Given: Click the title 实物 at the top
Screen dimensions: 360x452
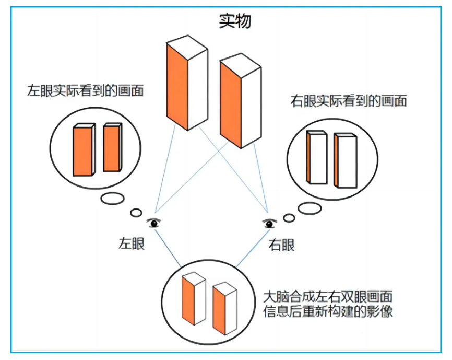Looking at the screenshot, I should (x=235, y=20).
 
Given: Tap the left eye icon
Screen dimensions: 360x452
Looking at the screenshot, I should (x=154, y=223).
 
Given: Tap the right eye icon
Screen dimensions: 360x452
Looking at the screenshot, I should (x=269, y=224).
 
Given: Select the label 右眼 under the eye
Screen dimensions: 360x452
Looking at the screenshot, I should (x=281, y=244).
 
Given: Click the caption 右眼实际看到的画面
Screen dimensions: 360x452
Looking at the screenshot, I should (x=348, y=101).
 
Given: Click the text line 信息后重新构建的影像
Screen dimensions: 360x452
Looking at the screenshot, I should (x=327, y=312).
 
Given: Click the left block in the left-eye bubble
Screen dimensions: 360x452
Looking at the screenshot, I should (x=83, y=150).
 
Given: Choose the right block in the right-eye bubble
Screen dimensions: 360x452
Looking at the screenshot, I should (x=345, y=161).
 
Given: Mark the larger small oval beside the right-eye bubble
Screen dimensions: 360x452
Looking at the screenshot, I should (x=309, y=208).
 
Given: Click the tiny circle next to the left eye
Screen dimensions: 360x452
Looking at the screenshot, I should (x=136, y=213).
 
